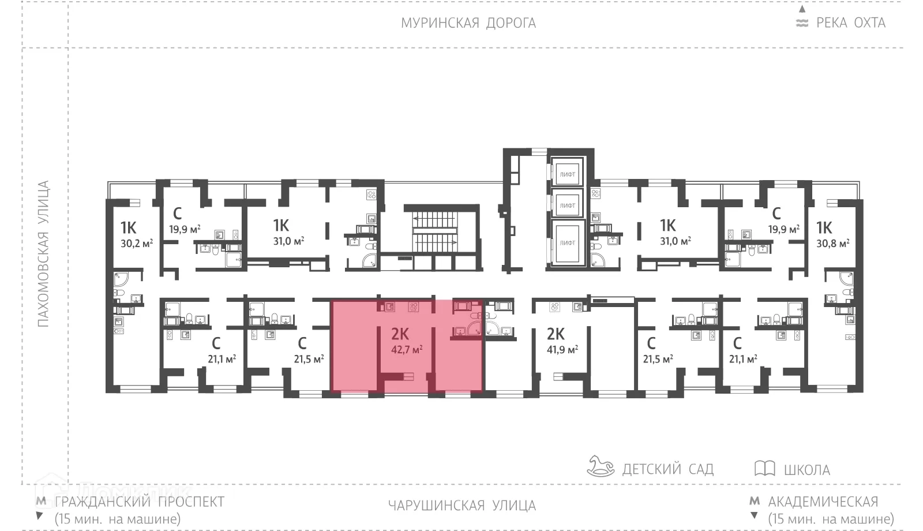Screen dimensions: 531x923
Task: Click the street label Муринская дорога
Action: (x=468, y=23)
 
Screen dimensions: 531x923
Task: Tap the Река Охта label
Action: (x=850, y=23)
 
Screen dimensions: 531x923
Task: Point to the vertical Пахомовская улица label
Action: (x=43, y=254)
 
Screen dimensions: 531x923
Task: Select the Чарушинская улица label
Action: (x=461, y=506)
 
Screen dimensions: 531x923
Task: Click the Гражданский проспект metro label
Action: (x=138, y=502)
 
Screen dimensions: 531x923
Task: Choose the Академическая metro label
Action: (x=823, y=502)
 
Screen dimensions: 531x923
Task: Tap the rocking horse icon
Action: (x=601, y=466)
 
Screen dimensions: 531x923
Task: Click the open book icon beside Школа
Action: (x=764, y=468)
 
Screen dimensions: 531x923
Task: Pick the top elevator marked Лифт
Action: (x=568, y=174)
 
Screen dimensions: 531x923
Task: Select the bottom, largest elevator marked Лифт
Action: (x=568, y=243)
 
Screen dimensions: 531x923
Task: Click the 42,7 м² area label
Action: (x=407, y=349)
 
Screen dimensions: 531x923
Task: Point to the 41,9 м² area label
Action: (x=562, y=349)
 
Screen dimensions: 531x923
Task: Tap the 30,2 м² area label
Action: (x=136, y=244)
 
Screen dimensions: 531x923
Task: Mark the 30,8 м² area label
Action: (x=832, y=244)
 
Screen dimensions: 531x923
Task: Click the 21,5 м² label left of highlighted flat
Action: (x=309, y=359)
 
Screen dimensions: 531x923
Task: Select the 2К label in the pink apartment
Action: (x=400, y=334)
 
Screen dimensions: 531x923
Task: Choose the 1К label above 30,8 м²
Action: (x=824, y=227)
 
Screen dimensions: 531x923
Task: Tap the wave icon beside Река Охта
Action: (x=802, y=24)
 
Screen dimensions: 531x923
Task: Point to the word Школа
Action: (x=806, y=470)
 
